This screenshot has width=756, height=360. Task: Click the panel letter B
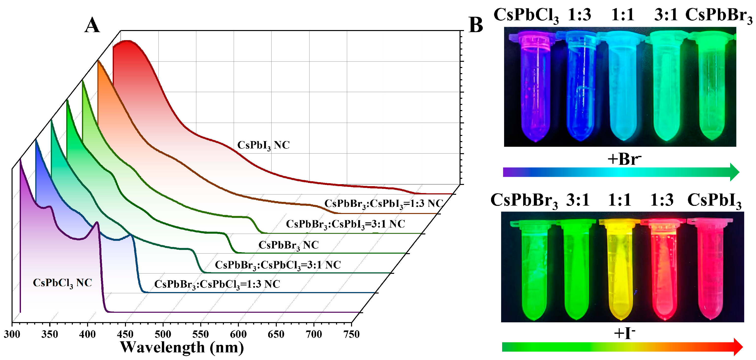476,25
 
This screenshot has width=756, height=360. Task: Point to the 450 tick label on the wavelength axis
125,334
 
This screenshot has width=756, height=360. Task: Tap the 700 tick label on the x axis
314,334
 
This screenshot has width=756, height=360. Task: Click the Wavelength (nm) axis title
182,347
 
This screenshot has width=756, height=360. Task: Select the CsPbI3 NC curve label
263,145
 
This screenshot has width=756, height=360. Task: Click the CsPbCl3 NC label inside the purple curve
62,283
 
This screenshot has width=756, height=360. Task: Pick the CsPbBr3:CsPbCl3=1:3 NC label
217,284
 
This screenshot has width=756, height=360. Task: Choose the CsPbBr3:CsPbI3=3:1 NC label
345,224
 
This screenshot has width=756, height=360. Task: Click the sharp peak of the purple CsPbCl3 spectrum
97,223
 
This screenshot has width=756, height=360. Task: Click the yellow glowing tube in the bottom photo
620,270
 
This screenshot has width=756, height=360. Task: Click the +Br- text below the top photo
624,160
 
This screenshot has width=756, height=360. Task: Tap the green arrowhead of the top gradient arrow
734,172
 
